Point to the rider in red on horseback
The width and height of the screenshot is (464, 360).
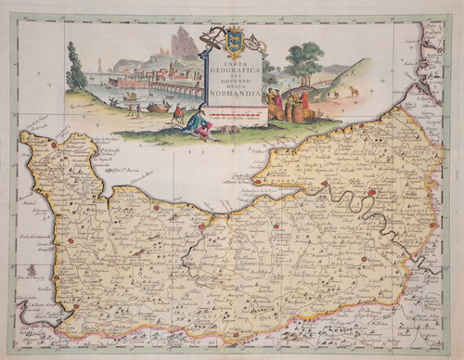(177, 112)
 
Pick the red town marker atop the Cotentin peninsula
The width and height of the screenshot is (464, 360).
(55, 145)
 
